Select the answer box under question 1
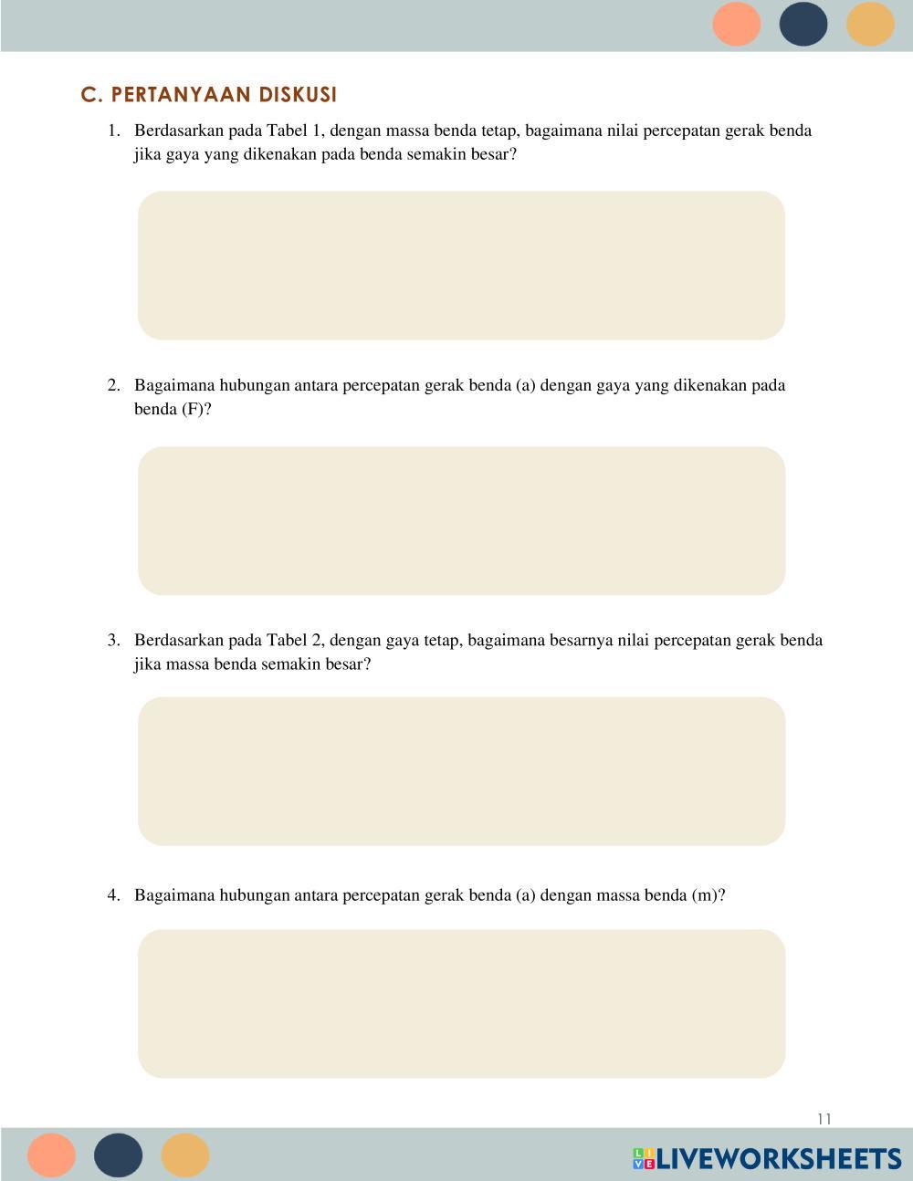(x=461, y=266)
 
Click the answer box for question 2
(x=461, y=521)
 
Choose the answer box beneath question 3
(x=461, y=771)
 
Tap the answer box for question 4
(x=461, y=1004)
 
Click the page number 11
(x=824, y=1119)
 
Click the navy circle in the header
(x=803, y=24)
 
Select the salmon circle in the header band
(x=737, y=24)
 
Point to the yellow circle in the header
(x=870, y=24)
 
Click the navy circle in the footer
(x=119, y=1155)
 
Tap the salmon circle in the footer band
(x=51, y=1155)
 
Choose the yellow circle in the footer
(x=185, y=1155)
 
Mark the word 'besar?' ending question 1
(x=493, y=154)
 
